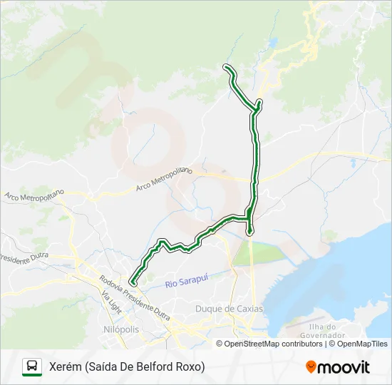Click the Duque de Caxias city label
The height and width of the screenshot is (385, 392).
click(229, 309)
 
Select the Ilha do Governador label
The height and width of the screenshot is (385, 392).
click(321, 331)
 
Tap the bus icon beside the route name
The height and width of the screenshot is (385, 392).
click(32, 366)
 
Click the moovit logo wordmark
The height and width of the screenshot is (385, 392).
click(344, 367)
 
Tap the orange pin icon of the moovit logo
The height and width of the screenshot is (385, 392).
click(311, 367)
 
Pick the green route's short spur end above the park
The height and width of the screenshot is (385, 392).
click(249, 232)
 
